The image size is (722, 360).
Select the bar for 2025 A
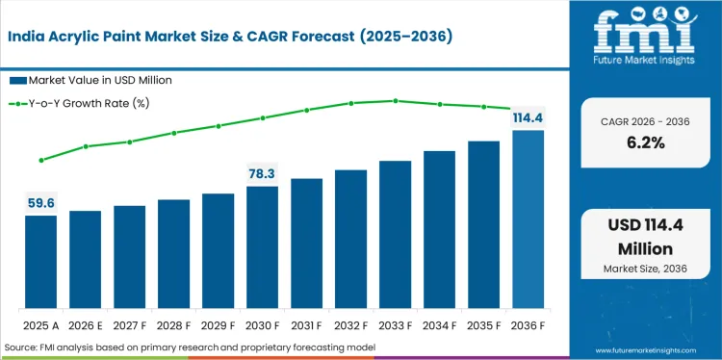pos(40,261)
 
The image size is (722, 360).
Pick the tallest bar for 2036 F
pos(528,219)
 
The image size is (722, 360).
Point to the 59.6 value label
pos(40,203)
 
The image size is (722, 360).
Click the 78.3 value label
pos(262,173)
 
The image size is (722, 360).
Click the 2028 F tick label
pos(173,325)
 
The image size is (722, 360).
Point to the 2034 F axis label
pos(439,325)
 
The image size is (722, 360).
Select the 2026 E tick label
pos(85,325)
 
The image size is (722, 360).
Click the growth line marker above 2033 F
pos(395,100)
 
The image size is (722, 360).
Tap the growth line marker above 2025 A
pos(40,161)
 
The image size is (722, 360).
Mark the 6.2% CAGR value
pos(644,142)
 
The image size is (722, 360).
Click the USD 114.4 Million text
pos(644,238)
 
